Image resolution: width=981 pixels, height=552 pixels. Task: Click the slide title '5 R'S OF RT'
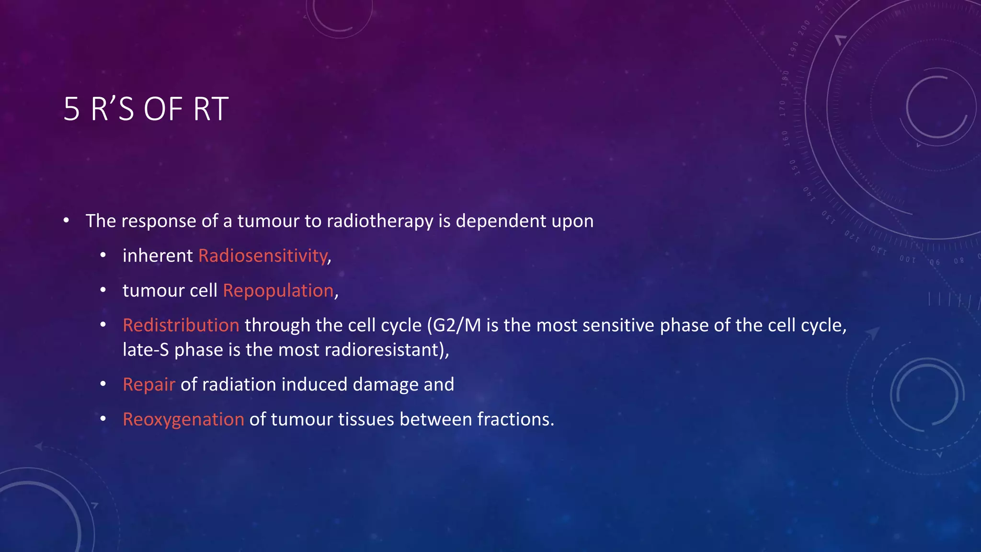[x=146, y=109]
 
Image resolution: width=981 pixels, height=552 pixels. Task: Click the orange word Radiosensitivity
[x=263, y=256]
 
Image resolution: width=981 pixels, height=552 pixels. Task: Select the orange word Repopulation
[x=278, y=291]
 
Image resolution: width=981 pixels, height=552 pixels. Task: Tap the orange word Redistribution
[x=181, y=325]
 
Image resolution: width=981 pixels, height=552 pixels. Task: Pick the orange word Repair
[x=148, y=385]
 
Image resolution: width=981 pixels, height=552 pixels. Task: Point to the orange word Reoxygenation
[x=183, y=420]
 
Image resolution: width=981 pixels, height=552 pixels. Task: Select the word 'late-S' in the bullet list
[x=146, y=350]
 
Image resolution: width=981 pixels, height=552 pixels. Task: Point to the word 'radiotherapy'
[x=379, y=221]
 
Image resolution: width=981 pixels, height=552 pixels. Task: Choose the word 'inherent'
[x=158, y=256]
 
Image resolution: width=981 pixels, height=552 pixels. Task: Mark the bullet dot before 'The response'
[x=66, y=221]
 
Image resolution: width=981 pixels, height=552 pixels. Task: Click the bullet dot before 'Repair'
[x=103, y=384]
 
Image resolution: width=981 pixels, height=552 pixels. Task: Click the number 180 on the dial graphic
[x=785, y=78]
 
